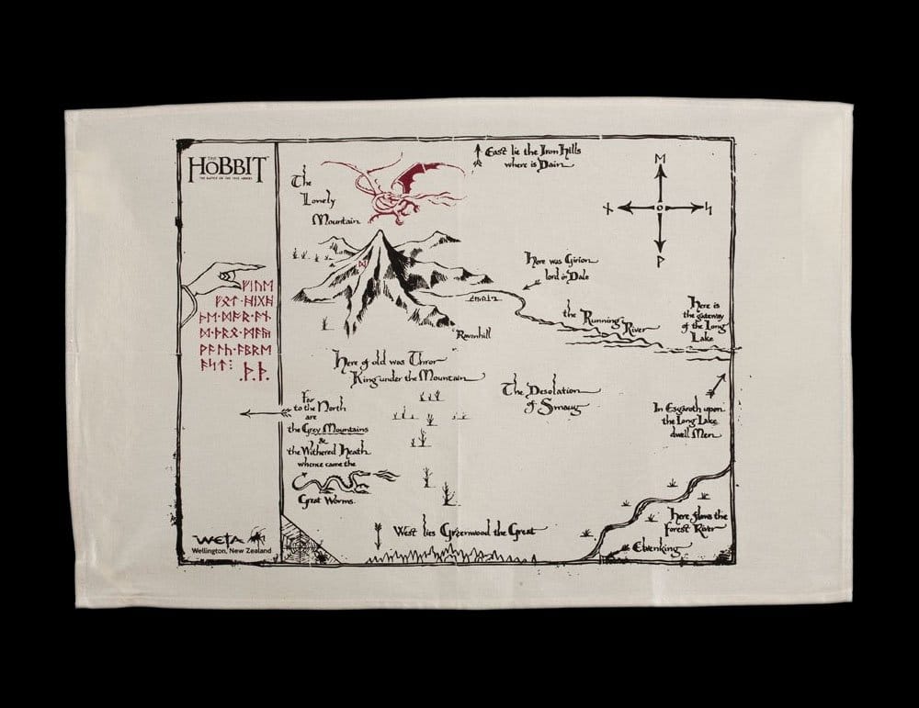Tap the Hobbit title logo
[x=226, y=168]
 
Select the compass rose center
[x=659, y=208]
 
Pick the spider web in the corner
[x=301, y=543]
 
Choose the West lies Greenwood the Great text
[x=470, y=530]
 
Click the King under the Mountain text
[x=410, y=376]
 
